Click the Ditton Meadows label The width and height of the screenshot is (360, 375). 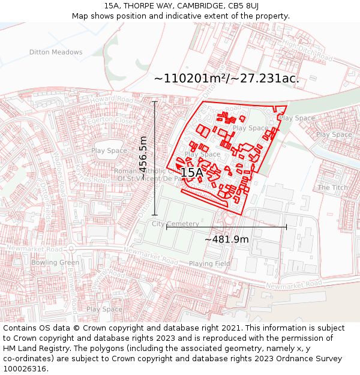56,52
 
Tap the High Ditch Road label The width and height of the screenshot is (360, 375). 307,51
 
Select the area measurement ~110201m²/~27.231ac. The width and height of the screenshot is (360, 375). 226,79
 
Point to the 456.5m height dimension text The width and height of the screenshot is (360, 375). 143,155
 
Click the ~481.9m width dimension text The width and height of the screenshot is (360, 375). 226,239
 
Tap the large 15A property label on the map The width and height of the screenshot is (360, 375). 191,173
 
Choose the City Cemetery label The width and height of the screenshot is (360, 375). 175,224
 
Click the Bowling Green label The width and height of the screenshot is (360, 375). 55,262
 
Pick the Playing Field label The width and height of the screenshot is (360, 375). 209,263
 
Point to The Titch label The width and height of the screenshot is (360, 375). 332,188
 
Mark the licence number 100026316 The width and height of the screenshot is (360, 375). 25,368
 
